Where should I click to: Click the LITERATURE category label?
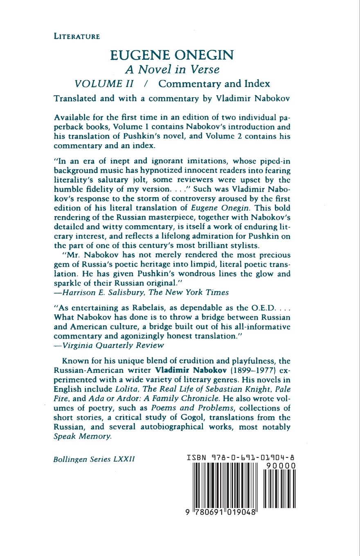pyautogui.click(x=77, y=37)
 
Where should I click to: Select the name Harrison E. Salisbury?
pyautogui.click(x=101, y=292)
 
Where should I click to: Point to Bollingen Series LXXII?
pyautogui.click(x=94, y=459)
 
